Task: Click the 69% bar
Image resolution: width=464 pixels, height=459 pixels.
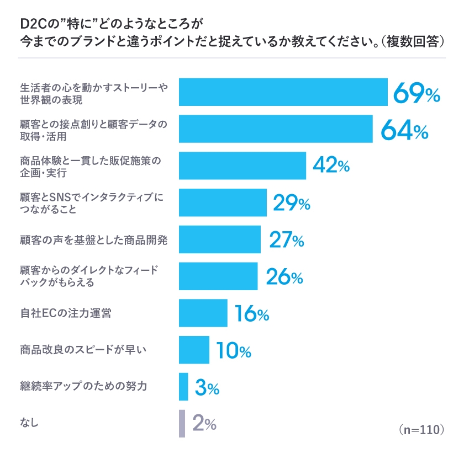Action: [x=283, y=92]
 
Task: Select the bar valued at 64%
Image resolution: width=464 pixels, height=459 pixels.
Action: [x=276, y=129]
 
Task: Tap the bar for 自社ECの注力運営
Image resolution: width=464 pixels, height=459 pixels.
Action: [x=203, y=313]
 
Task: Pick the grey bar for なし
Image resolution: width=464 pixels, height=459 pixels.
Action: [x=182, y=423]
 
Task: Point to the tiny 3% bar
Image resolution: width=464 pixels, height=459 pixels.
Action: [x=183, y=387]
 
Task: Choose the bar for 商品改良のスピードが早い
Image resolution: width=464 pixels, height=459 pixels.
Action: [x=194, y=350]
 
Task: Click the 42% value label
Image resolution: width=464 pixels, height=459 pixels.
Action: [x=330, y=166]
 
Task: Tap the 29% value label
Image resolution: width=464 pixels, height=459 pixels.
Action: [x=291, y=203]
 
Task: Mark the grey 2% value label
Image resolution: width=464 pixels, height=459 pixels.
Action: [x=204, y=423]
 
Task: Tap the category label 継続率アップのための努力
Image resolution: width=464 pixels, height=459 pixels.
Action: [x=83, y=386]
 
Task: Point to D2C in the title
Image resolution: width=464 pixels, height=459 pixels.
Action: [x=33, y=24]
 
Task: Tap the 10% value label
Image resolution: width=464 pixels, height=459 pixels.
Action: [x=233, y=350]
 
